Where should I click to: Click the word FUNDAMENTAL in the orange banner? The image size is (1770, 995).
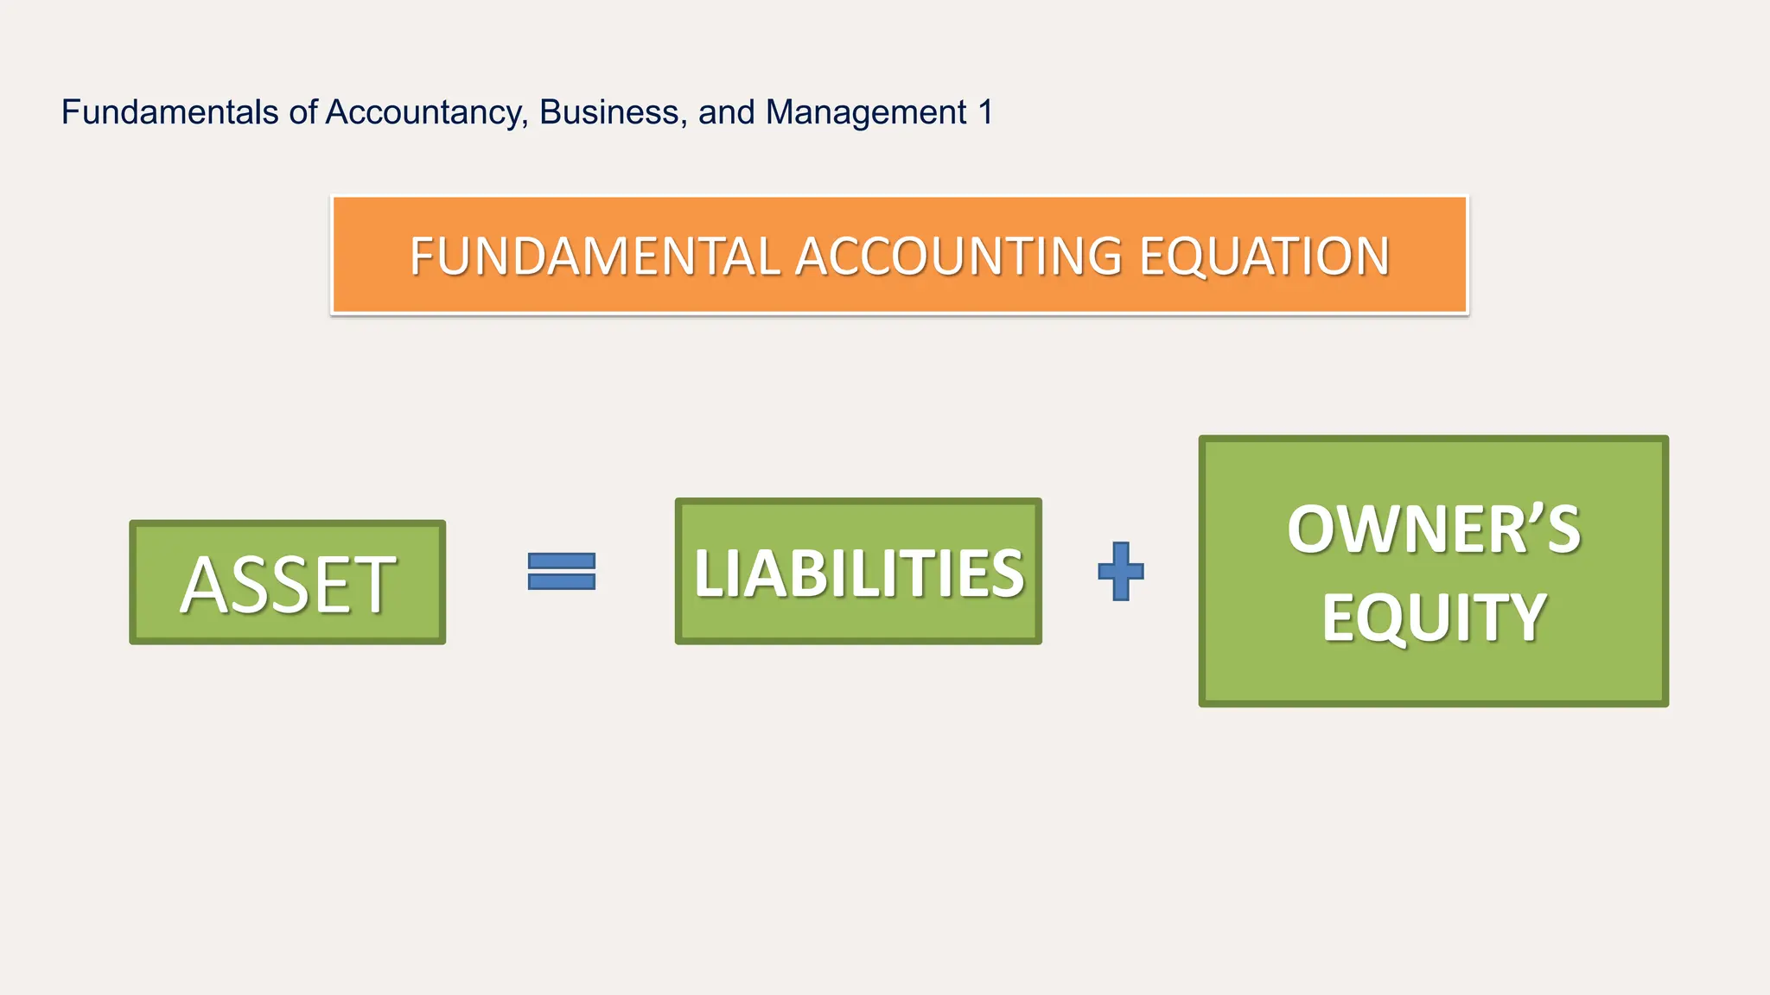coord(595,257)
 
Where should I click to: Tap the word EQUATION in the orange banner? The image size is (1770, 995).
coord(1264,257)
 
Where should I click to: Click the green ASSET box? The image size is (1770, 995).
coord(288,583)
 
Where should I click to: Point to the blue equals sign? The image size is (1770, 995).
coord(562,571)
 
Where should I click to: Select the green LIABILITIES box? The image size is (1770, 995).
coord(858,572)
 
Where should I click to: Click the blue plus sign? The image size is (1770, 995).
coord(1121,571)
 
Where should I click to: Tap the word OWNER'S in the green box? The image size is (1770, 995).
coord(1433,529)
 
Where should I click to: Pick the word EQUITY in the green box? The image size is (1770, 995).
coord(1433,617)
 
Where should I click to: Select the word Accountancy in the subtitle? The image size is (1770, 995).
coord(423,113)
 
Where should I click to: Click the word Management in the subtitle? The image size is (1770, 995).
coord(866,113)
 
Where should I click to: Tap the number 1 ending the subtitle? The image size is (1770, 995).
coord(985,112)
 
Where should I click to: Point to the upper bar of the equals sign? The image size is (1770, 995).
coord(562,561)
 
